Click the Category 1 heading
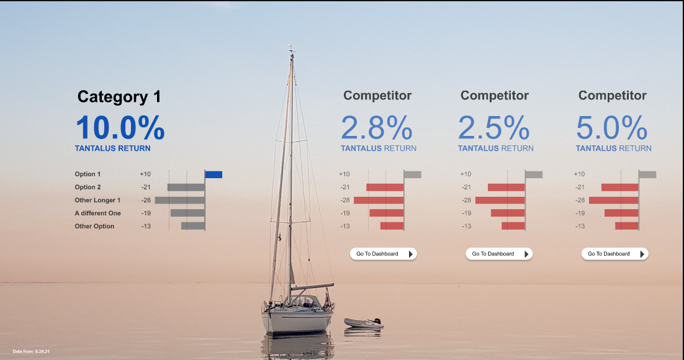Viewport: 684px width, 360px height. [x=119, y=97]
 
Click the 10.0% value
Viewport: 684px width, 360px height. [x=120, y=128]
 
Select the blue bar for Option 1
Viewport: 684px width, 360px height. [x=214, y=174]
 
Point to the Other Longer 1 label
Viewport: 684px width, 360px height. [x=97, y=200]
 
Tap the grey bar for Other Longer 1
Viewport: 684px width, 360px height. [x=180, y=200]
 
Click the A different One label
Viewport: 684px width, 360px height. [x=97, y=213]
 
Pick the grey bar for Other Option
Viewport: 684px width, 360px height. [x=193, y=226]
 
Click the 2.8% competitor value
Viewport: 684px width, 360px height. [x=377, y=128]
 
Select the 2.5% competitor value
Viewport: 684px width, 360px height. [x=494, y=128]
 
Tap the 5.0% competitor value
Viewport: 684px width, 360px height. [x=612, y=128]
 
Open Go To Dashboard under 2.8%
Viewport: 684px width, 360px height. [x=383, y=254]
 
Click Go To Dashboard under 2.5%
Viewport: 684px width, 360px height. [x=499, y=254]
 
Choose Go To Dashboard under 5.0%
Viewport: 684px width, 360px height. [x=614, y=254]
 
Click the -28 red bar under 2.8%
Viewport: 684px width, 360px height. [x=379, y=200]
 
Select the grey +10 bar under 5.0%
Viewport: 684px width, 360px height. [x=647, y=174]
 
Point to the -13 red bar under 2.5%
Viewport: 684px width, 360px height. [x=513, y=226]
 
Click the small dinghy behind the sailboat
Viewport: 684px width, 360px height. [x=364, y=323]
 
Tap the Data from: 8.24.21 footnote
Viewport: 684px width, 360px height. [x=31, y=352]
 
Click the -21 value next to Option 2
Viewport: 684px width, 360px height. [x=145, y=187]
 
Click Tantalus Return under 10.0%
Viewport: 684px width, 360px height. [x=112, y=148]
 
